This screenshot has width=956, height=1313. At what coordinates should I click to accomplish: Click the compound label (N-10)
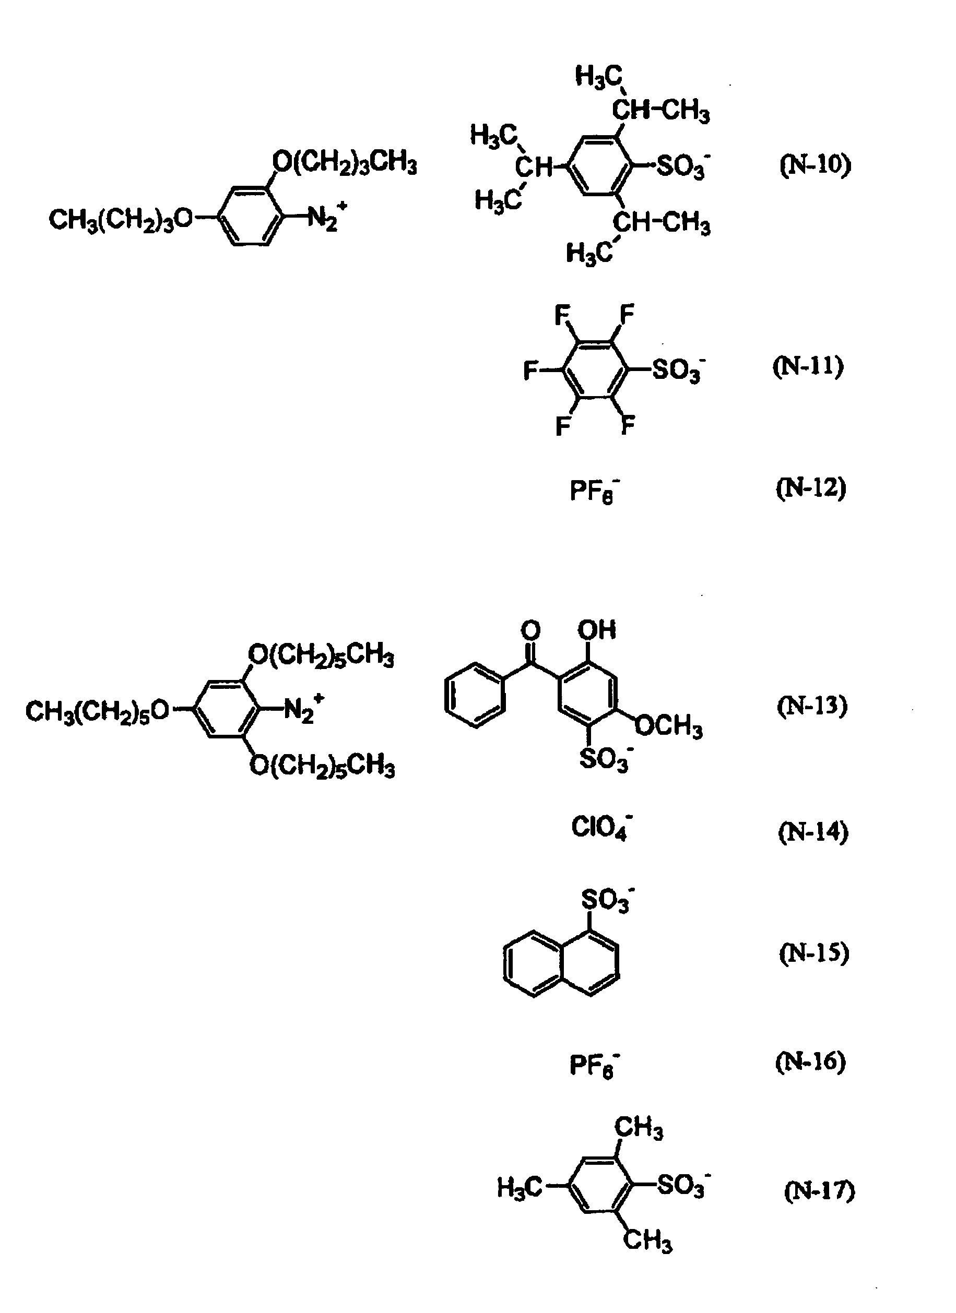tap(816, 165)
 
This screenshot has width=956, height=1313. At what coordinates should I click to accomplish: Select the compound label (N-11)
tap(808, 366)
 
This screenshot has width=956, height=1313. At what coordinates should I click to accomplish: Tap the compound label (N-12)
tap(811, 488)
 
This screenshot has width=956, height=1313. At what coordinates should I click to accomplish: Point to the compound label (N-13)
tap(812, 706)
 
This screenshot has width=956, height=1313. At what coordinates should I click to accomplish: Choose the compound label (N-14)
tap(813, 832)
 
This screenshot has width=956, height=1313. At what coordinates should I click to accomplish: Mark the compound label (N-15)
tap(813, 953)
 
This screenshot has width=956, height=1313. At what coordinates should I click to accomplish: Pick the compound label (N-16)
tap(811, 1061)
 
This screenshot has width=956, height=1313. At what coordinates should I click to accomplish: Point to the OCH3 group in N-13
tap(669, 727)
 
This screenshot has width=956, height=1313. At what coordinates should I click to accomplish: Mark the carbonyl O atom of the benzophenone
tap(530, 630)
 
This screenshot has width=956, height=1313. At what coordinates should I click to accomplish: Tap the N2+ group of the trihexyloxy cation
tap(303, 708)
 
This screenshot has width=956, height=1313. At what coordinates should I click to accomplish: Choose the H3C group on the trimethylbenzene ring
tap(520, 1188)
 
